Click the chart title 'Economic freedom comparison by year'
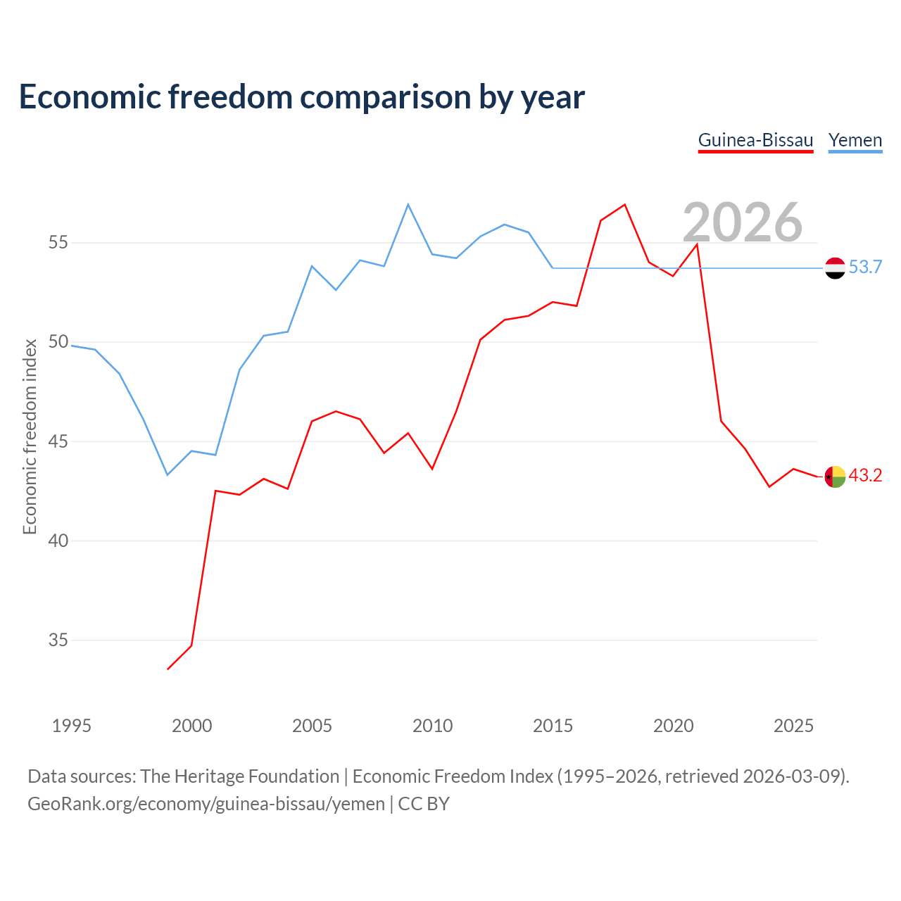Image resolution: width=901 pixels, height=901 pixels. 301,96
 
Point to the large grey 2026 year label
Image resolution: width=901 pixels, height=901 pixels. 743,222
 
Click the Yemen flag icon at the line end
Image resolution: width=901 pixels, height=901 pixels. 835,268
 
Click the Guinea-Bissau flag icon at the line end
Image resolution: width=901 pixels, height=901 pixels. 835,477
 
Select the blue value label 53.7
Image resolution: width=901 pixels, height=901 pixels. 865,267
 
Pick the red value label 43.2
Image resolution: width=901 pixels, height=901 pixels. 865,475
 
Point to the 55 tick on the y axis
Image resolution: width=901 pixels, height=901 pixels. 58,242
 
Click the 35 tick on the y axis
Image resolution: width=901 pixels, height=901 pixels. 58,640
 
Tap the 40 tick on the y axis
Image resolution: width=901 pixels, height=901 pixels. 58,541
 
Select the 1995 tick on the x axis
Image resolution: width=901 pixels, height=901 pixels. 72,726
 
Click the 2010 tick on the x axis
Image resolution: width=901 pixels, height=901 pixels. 432,726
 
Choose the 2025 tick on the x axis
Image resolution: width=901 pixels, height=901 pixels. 793,726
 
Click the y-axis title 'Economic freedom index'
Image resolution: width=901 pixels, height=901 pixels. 30,436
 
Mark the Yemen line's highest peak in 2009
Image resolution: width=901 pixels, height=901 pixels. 408,204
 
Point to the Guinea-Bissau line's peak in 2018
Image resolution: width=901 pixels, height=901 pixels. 624,204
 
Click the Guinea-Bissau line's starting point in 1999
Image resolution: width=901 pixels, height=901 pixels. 168,669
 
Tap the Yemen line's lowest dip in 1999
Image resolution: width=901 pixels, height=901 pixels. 168,474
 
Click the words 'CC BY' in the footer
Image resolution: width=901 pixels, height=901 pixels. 423,804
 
